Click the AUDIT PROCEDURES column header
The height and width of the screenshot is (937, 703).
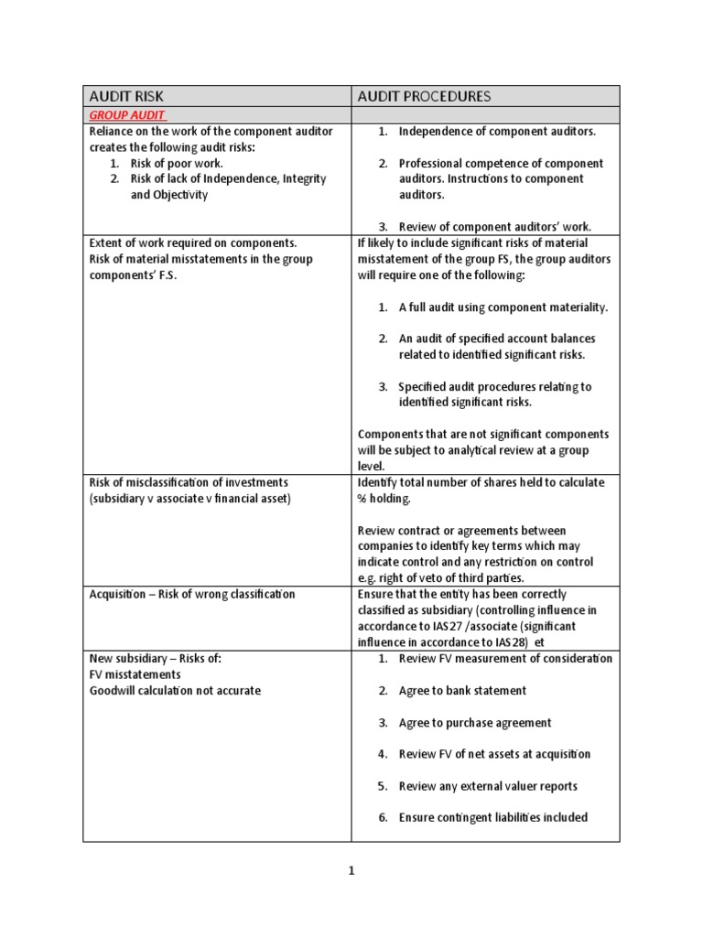tap(424, 96)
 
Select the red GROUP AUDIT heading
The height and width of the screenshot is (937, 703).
tap(126, 116)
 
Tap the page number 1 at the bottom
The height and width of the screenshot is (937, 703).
tap(351, 872)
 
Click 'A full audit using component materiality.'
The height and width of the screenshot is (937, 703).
tap(503, 307)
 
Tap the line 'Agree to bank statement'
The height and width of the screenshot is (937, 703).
tap(462, 690)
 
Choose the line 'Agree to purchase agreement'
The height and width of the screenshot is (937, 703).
tap(475, 722)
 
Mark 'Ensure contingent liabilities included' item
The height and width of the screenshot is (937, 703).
tap(492, 817)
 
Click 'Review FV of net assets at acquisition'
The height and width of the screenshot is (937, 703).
tap(494, 754)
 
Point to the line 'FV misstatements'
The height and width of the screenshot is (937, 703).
tap(136, 674)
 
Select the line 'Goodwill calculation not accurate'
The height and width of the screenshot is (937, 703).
tap(175, 690)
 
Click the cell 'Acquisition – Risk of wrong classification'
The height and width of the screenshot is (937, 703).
tap(192, 594)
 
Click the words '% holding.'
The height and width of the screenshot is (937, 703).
tap(384, 498)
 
